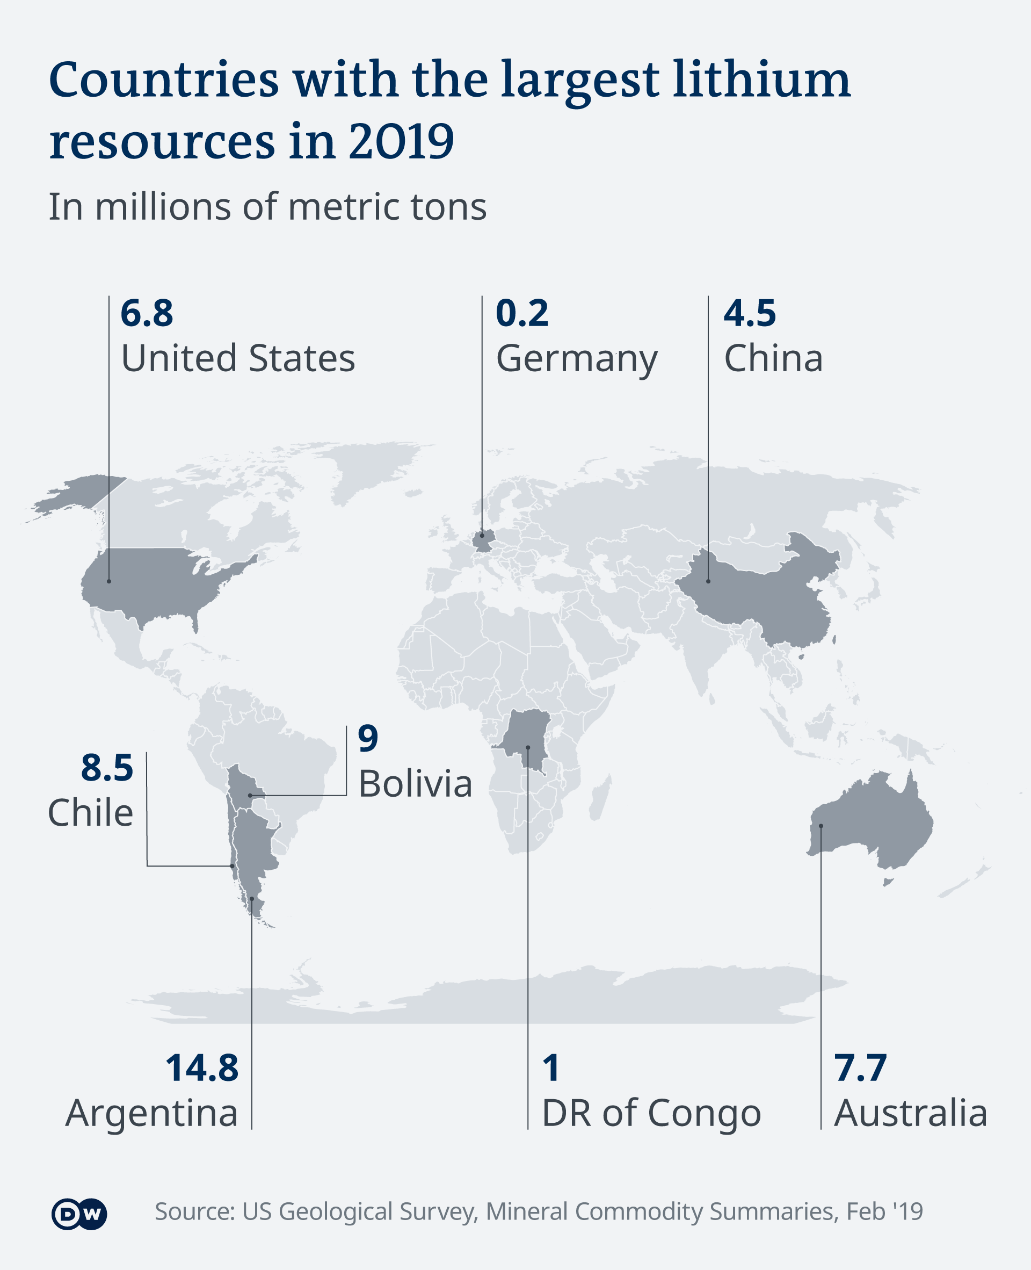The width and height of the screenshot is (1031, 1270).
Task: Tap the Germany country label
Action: [x=576, y=359]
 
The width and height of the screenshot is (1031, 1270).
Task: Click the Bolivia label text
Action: [x=415, y=784]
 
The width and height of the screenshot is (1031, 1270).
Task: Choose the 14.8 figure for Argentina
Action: [x=201, y=1067]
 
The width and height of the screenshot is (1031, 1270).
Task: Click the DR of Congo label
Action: [x=651, y=1113]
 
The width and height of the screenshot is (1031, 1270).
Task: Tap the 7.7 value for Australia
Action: [x=860, y=1067]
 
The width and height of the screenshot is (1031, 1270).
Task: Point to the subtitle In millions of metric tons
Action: [x=267, y=207]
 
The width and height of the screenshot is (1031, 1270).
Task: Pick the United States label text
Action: [x=237, y=359]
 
